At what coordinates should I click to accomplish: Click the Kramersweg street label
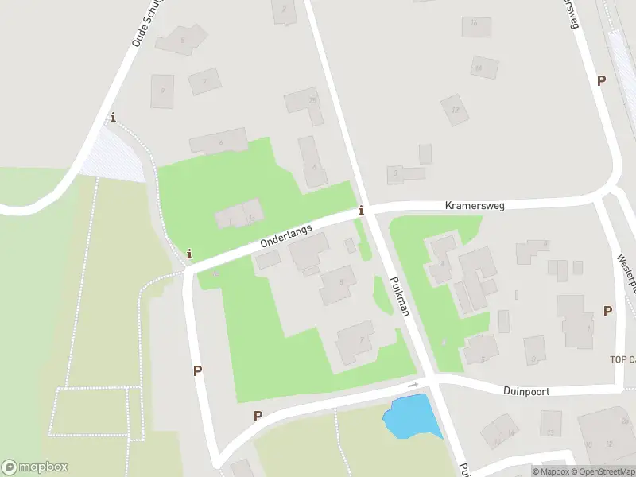click(474, 205)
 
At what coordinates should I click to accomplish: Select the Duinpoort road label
click(526, 391)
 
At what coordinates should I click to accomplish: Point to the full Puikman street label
click(399, 297)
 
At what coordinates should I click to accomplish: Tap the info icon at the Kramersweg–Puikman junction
click(362, 210)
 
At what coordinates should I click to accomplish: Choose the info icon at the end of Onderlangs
click(189, 254)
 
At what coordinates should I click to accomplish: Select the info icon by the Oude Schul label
click(113, 118)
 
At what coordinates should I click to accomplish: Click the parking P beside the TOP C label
click(607, 312)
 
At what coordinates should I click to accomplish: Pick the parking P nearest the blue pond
click(258, 416)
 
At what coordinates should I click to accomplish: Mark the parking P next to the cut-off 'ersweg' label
click(601, 80)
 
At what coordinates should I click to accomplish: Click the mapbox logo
click(35, 467)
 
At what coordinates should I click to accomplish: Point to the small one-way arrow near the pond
click(413, 385)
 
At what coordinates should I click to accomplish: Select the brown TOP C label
click(622, 359)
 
